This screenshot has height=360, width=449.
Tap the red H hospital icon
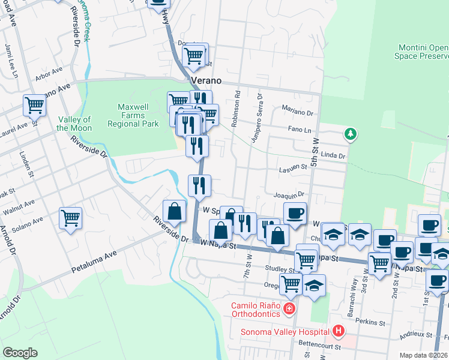[339, 331]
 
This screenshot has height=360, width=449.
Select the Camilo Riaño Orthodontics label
[256, 309]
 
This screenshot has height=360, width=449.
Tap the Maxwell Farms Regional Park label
[133, 115]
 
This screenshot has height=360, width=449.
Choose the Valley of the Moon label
[74, 124]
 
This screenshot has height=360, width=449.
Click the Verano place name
[206, 80]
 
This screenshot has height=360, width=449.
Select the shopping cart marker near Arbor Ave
[34, 105]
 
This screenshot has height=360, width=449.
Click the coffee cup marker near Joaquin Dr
[294, 212]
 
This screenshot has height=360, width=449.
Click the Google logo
[20, 353]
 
